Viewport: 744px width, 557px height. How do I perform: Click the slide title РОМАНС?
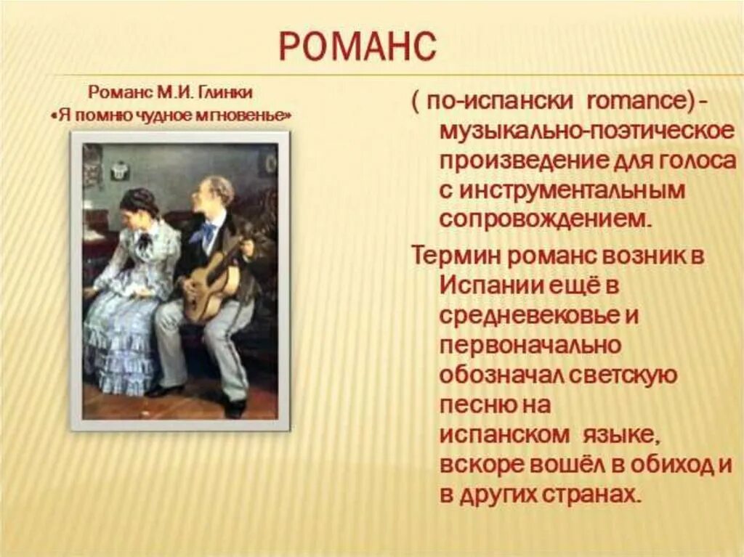[357, 47]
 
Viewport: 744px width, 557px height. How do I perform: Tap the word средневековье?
[530, 315]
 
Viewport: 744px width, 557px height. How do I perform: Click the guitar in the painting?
[207, 283]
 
